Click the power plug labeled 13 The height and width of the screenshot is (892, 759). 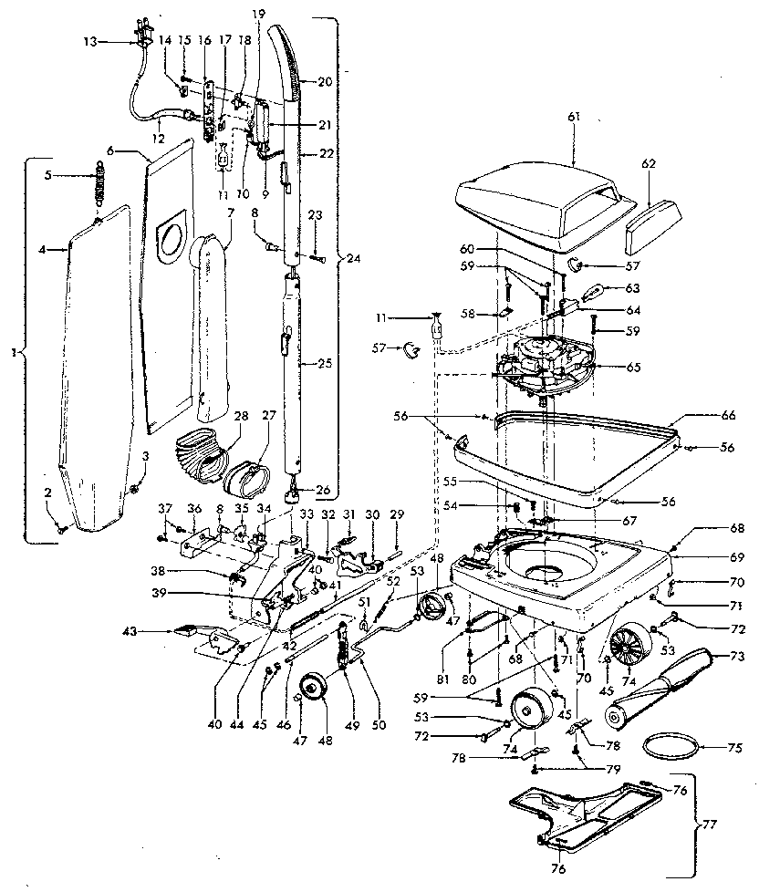point(140,41)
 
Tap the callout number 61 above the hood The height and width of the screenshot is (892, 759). point(573,119)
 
